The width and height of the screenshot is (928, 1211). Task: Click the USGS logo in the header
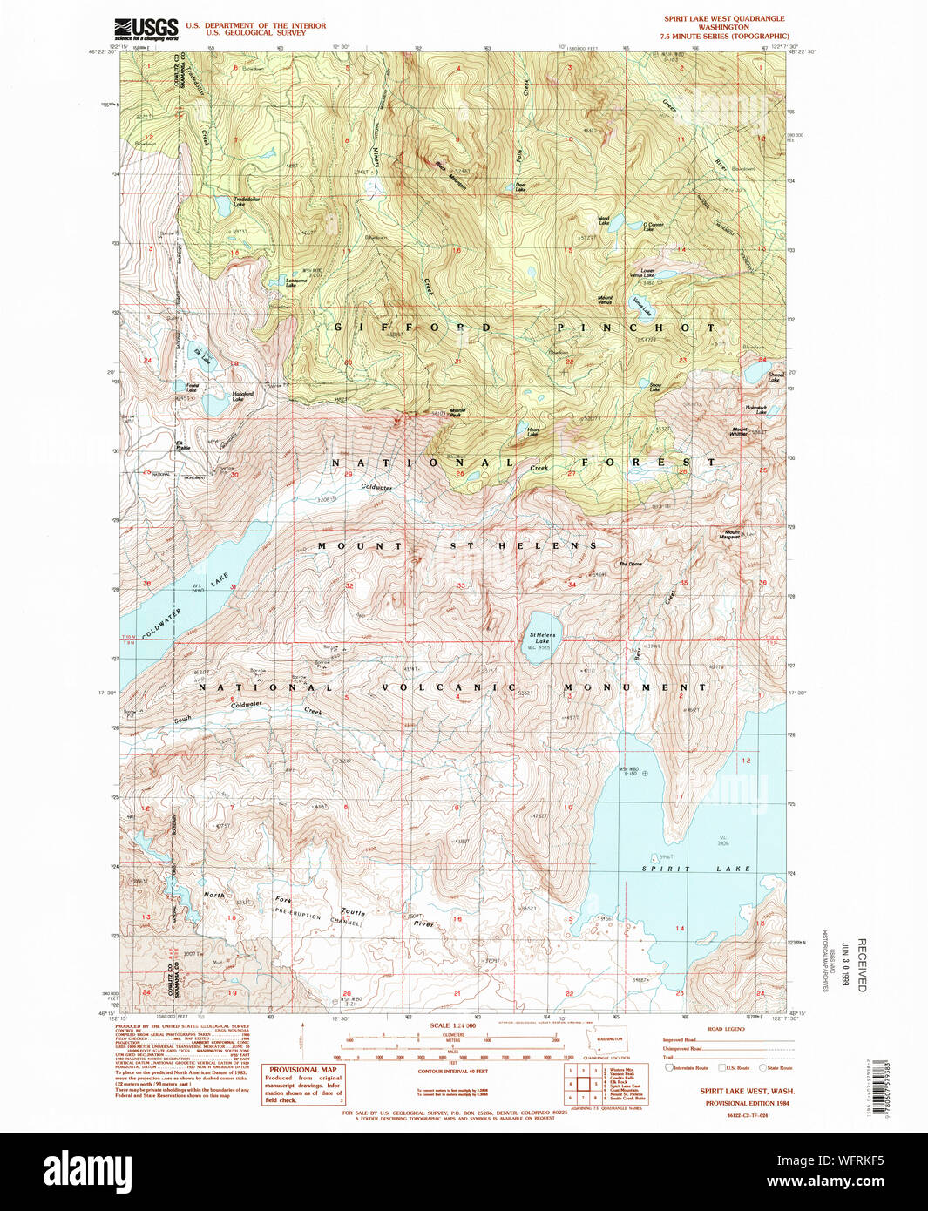point(146,29)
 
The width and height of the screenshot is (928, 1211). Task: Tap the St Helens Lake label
point(542,638)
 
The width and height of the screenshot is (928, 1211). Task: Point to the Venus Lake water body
point(644,307)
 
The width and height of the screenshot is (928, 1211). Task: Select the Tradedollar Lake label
point(246,202)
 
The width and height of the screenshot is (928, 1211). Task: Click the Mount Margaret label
point(732,534)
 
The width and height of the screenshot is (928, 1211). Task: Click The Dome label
point(630,564)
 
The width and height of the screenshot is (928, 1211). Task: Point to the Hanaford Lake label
point(243,396)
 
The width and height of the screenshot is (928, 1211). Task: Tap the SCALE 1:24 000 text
point(452,1025)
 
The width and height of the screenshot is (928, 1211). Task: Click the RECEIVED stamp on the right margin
point(862,964)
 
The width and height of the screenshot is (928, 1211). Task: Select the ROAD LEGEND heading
point(726,1029)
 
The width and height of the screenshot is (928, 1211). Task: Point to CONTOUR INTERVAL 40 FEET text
point(452,1071)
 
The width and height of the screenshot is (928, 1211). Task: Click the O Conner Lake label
point(654,227)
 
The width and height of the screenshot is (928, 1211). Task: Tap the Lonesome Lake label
point(296,282)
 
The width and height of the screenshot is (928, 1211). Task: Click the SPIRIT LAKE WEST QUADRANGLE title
point(724,18)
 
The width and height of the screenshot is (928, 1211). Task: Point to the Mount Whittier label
point(740,431)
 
